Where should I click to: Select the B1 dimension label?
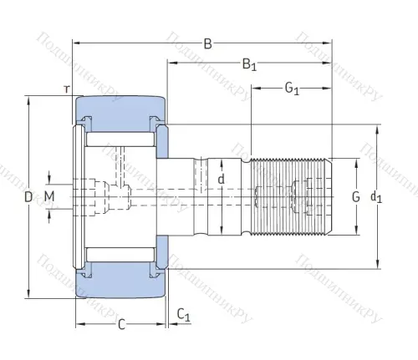click(x=248, y=63)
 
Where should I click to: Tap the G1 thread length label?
click(x=292, y=87)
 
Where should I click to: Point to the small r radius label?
click(x=64, y=88)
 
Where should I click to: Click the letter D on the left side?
click(x=28, y=197)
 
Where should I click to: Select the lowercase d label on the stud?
click(x=221, y=179)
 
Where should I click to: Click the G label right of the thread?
click(x=355, y=197)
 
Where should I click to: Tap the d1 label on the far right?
click(x=376, y=198)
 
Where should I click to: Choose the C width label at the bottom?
click(x=121, y=324)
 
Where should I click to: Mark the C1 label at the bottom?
click(x=184, y=315)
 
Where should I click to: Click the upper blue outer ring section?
click(x=121, y=109)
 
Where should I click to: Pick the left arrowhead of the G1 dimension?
click(x=255, y=87)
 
